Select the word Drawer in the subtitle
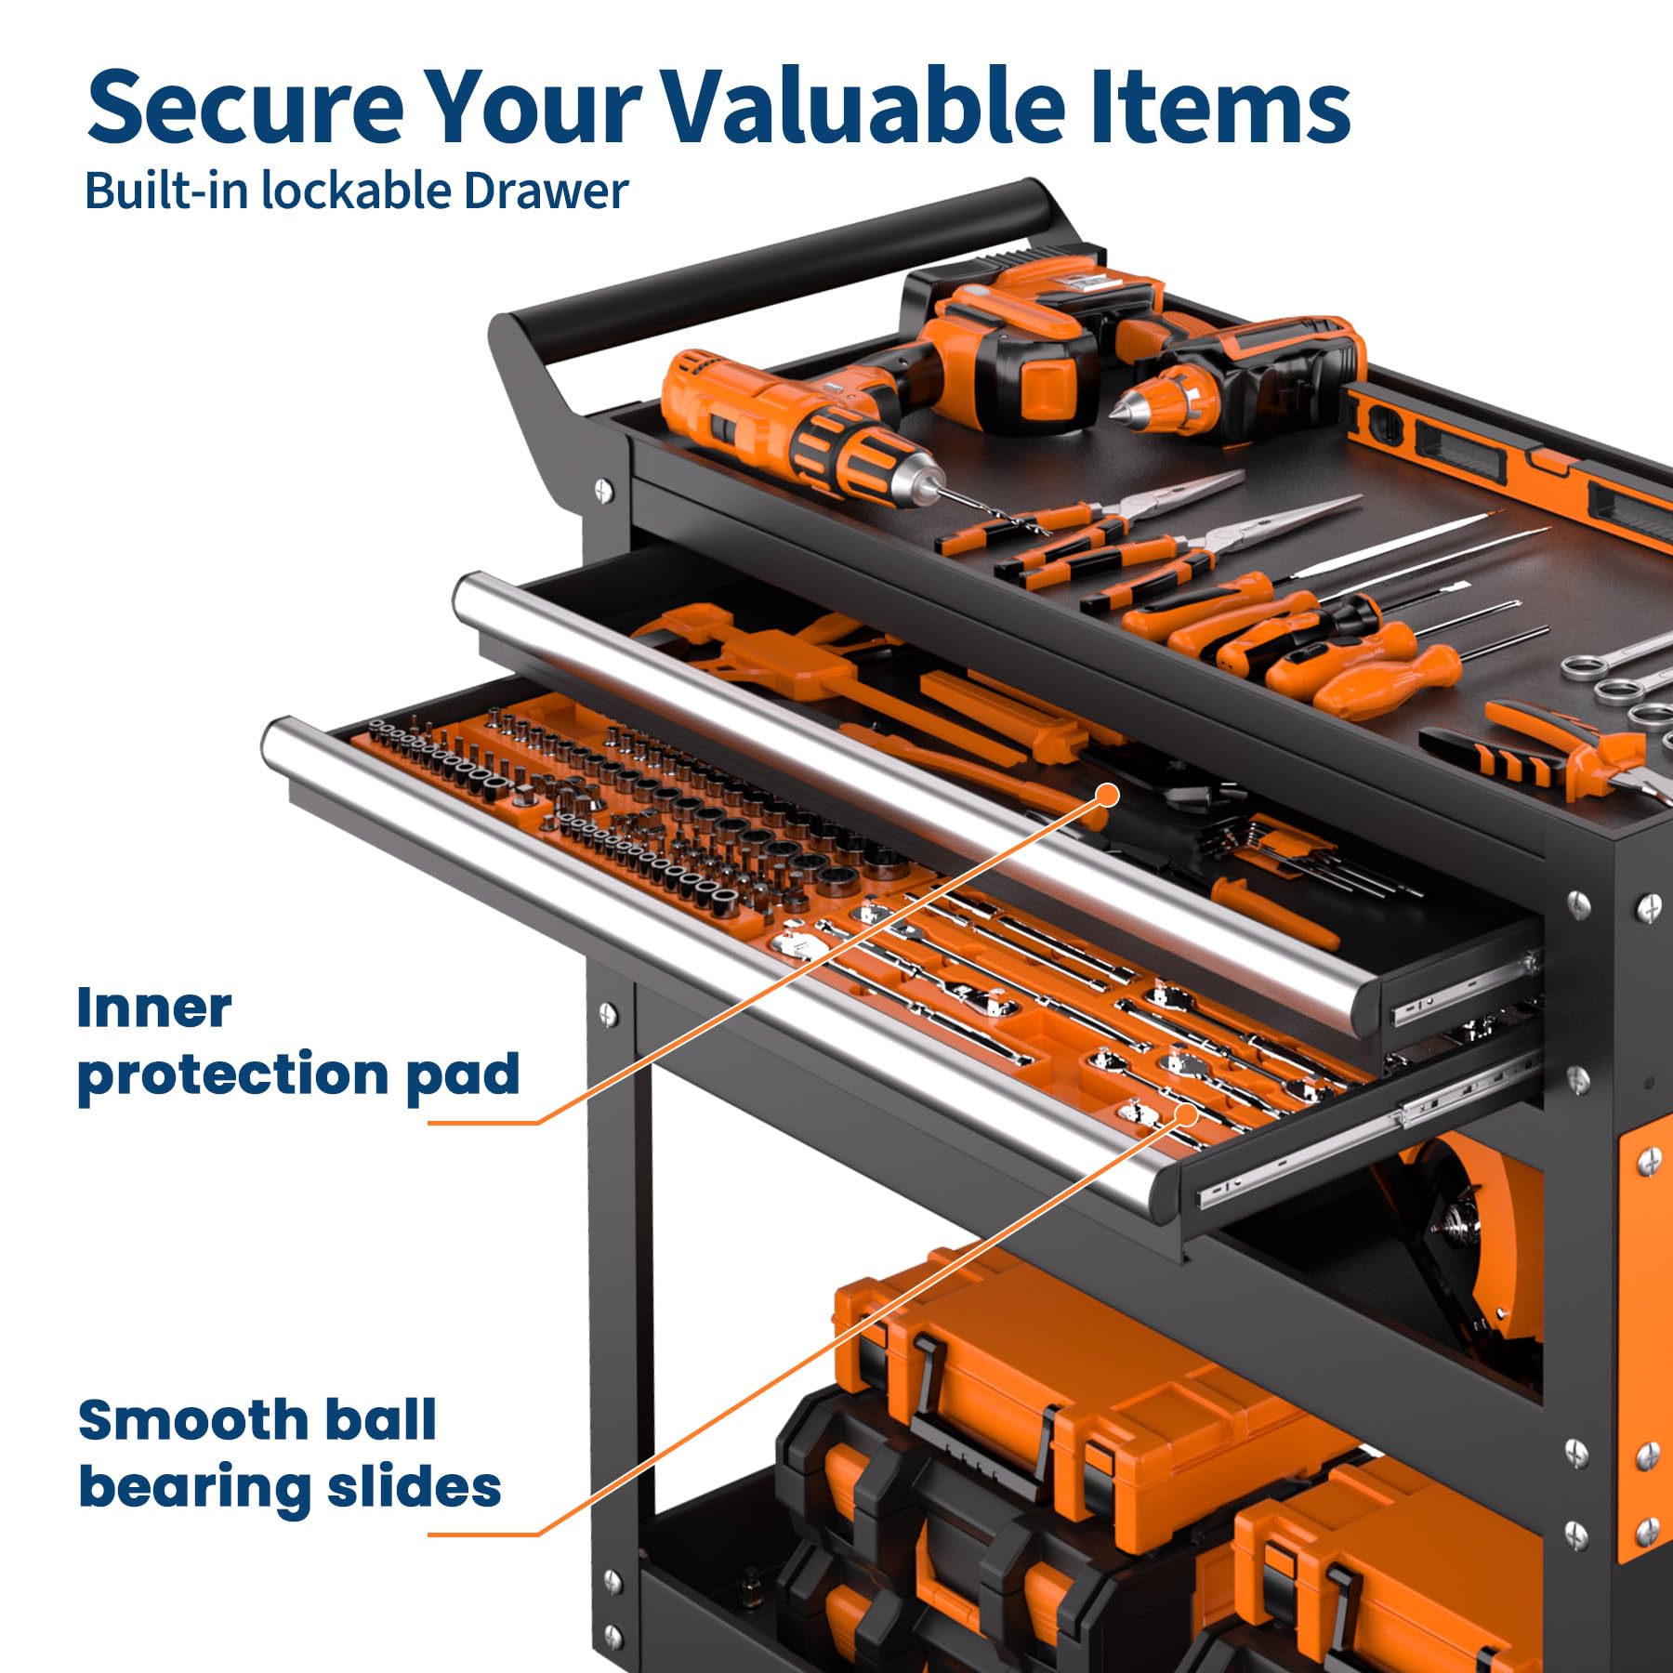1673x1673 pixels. tap(547, 191)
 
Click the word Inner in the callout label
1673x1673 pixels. tap(154, 1008)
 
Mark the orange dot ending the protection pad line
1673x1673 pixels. tap(1107, 795)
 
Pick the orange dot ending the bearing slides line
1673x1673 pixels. tap(1187, 1115)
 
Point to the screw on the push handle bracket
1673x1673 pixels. tap(603, 488)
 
